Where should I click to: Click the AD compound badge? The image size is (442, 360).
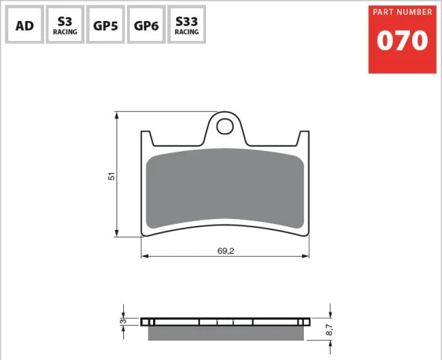coord(25,25)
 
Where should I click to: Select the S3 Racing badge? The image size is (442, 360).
coord(65,25)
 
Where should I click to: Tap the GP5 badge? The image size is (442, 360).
coord(105,25)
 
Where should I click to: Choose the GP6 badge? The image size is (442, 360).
coord(146,25)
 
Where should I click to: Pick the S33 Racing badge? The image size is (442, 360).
coord(187,25)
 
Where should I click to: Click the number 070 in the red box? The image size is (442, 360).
coord(402,40)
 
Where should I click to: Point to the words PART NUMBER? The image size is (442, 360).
coord(402,12)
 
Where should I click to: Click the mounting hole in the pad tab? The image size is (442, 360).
coord(225,126)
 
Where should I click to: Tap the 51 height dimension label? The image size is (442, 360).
coord(112,176)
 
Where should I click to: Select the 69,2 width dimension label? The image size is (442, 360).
coord(225,251)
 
